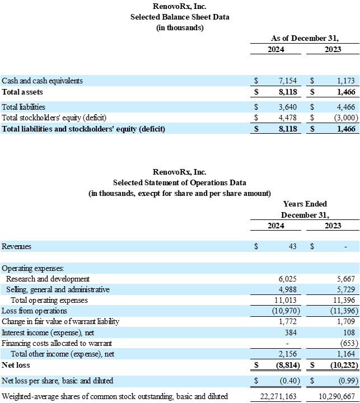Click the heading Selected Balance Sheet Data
click(180, 17)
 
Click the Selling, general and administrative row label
click(58, 289)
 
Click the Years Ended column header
click(305, 204)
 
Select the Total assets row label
click(22, 92)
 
